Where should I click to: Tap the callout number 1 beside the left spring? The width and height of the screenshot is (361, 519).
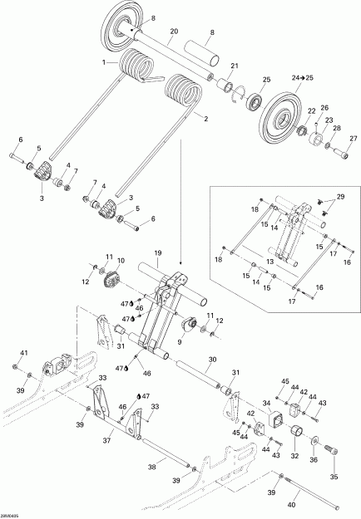103,62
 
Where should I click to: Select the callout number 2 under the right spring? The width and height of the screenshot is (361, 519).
205,119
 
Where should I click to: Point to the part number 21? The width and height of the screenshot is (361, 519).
235,66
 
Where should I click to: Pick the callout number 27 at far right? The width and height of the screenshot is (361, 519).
353,138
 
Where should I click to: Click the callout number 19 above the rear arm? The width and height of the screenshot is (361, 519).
156,251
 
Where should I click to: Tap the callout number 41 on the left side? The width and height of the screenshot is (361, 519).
23,352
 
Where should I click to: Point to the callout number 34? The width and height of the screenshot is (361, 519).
267,404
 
